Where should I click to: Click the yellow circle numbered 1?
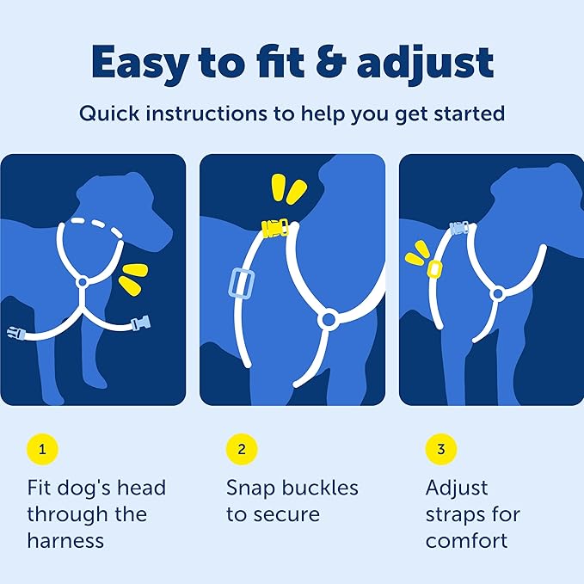click(42, 449)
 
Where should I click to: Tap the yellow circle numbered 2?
click(242, 449)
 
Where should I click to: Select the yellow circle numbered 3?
click(441, 449)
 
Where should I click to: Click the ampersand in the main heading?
click(331, 63)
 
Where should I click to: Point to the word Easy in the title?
click(139, 65)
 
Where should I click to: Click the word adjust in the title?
click(425, 65)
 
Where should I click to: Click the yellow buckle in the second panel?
click(275, 228)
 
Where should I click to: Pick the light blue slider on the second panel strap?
click(242, 283)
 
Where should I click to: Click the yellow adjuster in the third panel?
click(434, 268)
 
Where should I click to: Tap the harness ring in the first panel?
click(83, 282)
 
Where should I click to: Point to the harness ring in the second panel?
click(329, 319)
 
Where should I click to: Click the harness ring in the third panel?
click(498, 294)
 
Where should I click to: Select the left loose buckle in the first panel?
click(16, 334)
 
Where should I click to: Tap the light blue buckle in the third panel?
click(459, 228)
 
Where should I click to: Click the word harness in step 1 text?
click(65, 540)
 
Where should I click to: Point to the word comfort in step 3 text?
click(466, 540)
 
